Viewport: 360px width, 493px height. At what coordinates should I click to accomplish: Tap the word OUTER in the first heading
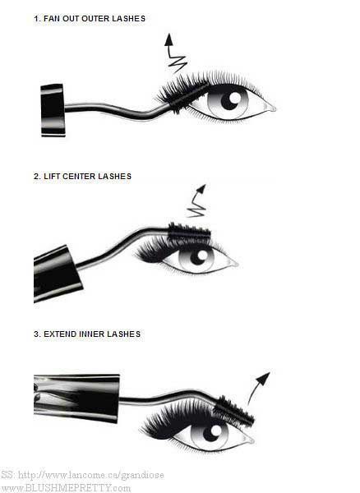click(x=92, y=19)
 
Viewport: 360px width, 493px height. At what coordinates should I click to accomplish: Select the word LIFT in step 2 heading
click(x=52, y=177)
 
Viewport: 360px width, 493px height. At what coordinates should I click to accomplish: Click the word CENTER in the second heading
click(x=79, y=177)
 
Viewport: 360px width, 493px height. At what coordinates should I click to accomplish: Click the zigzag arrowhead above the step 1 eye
click(x=169, y=39)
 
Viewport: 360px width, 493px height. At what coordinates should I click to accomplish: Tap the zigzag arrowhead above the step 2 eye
click(x=201, y=189)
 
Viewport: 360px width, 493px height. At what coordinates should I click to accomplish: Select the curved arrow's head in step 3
click(x=264, y=378)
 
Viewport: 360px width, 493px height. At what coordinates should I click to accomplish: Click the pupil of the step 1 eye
click(x=231, y=99)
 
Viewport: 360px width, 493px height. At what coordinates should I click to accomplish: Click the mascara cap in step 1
click(x=53, y=110)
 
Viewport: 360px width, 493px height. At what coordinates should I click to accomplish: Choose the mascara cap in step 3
click(x=76, y=398)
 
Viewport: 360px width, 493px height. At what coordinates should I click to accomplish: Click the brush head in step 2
click(x=189, y=233)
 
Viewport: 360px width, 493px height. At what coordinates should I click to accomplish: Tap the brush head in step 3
click(x=234, y=411)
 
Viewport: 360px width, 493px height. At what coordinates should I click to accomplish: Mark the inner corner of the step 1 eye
click(x=275, y=108)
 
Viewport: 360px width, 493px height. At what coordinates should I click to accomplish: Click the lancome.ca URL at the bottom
click(x=91, y=475)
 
